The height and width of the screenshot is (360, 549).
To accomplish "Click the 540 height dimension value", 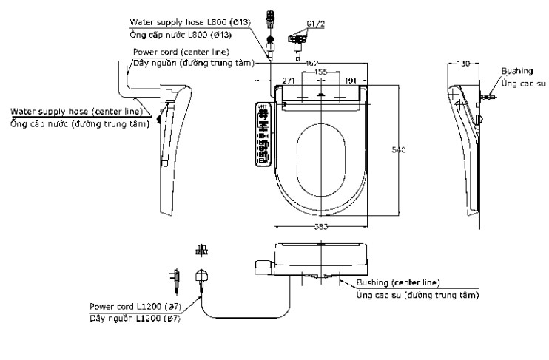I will click(398, 150).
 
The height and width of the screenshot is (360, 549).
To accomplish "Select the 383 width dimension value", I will click(320, 227).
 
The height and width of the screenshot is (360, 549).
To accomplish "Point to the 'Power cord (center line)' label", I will click(181, 52).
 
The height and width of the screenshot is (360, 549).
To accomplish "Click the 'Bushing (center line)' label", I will click(398, 282).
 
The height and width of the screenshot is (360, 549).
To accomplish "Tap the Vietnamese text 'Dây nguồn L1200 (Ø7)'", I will click(135, 318).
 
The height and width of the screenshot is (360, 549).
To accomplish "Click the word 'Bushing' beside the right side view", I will click(517, 70).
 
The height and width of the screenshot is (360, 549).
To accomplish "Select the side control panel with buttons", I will click(263, 133).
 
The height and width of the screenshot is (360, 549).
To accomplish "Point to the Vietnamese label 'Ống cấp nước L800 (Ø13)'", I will click(180, 35).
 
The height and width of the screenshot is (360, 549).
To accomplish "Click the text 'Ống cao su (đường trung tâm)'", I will click(417, 295).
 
